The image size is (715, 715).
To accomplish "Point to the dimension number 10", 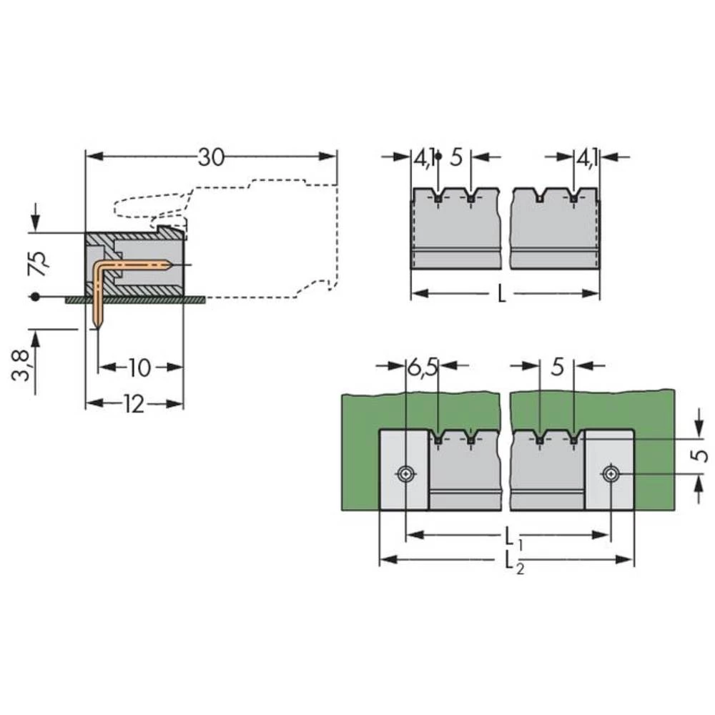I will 140,368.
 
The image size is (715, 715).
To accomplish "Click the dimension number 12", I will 134,405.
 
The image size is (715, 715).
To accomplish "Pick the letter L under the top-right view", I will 501,295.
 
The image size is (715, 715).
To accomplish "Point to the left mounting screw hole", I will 406,473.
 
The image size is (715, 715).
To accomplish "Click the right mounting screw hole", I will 609,473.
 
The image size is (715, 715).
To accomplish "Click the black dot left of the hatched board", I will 34,296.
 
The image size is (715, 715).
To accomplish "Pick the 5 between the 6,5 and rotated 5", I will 558,368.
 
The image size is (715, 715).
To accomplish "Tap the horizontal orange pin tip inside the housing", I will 169,265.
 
